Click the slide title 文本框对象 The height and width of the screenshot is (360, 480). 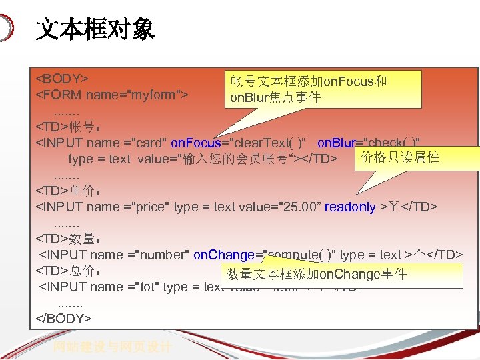pos(95,29)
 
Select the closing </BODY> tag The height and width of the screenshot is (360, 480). pos(64,318)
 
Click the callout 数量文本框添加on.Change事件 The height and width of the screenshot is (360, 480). pos(317,274)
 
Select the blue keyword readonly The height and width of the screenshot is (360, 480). pos(349,207)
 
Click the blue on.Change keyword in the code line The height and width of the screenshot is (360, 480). pos(223,255)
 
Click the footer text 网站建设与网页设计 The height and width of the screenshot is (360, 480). pos(114,347)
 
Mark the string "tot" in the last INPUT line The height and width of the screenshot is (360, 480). pos(147,287)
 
